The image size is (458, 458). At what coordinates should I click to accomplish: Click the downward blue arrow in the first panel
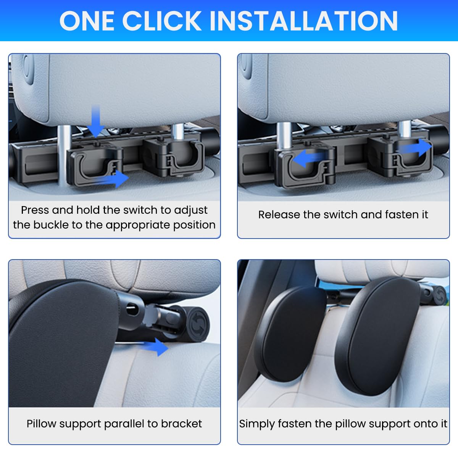pyautogui.click(x=95, y=120)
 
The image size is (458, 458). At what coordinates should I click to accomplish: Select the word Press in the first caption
pyautogui.click(x=35, y=210)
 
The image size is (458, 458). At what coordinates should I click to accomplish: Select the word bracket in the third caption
pyautogui.click(x=181, y=424)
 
